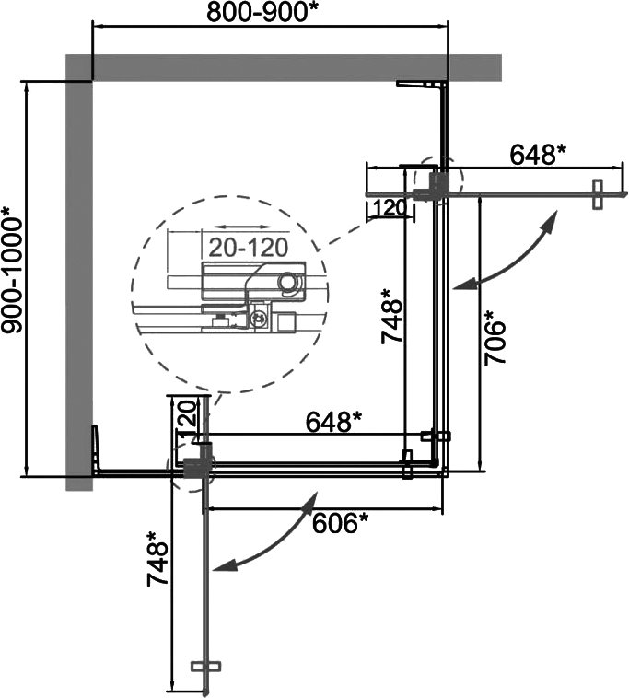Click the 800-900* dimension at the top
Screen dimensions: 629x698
coord(263,13)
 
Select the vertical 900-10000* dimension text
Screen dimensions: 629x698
coord(12,270)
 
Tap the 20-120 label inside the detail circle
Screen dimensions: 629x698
coord(249,248)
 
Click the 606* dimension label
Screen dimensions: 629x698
coord(341,523)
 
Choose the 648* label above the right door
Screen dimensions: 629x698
coord(537,155)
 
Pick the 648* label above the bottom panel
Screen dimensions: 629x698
coord(334,421)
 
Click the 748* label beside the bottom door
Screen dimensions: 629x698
coord(157,559)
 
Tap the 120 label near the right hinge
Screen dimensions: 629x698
coord(390,207)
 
